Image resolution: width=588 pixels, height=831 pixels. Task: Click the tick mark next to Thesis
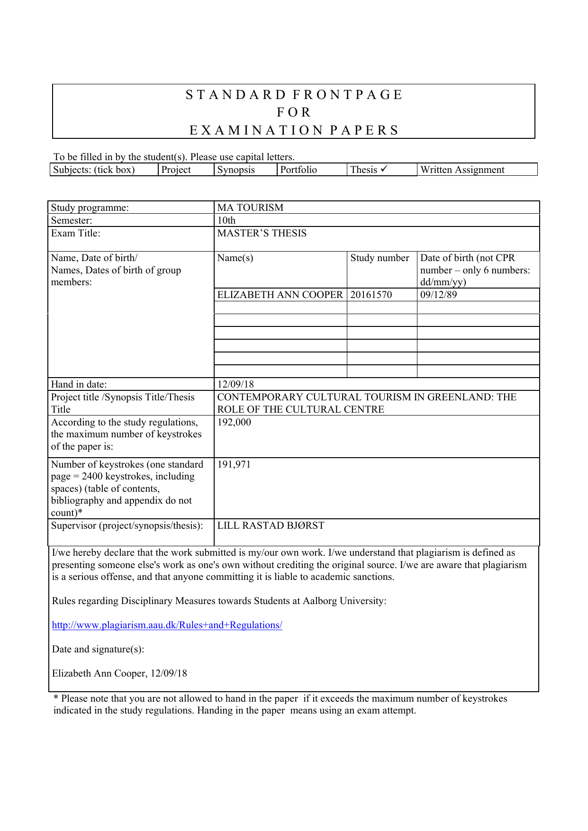coord(384,169)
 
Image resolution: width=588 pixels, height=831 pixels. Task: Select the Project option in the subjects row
coord(176,170)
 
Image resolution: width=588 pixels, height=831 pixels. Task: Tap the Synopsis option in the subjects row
coord(236,170)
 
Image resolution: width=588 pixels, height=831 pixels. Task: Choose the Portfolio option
coord(299,170)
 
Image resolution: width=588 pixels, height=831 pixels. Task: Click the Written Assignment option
coord(462,170)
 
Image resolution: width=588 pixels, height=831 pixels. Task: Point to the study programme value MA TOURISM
coord(250,208)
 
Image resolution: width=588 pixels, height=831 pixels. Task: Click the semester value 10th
coord(226,220)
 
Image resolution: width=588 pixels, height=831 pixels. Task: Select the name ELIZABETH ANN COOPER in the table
coord(280,295)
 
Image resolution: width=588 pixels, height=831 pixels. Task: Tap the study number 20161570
coord(371,295)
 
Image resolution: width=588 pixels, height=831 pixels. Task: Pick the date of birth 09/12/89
coord(438,295)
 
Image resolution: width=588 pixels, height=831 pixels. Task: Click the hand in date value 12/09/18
coord(235,384)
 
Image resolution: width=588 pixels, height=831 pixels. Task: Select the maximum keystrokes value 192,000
coord(234,422)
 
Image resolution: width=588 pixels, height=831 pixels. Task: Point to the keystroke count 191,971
coord(234,464)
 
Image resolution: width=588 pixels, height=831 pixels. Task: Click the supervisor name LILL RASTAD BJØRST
coord(271,525)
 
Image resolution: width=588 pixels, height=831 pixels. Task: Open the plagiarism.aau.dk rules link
coord(167,625)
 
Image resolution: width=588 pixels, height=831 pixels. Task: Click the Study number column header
coord(380,258)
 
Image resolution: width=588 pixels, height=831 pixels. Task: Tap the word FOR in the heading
coord(294,112)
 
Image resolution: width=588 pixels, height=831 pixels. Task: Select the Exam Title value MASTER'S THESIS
coord(262,233)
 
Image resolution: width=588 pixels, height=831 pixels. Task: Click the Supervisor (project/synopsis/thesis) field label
coord(127,525)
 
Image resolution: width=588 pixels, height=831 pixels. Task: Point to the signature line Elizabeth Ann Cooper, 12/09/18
coord(119,673)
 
